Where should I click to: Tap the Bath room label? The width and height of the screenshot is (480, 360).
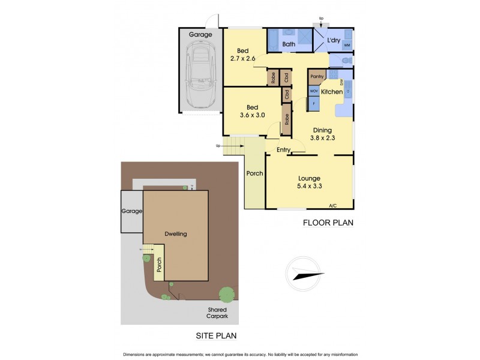[x=289, y=44]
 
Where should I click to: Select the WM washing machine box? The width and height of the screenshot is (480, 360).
[x=347, y=45]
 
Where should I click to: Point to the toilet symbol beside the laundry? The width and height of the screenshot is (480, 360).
[x=346, y=60]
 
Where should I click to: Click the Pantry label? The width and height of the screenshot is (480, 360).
[x=317, y=76]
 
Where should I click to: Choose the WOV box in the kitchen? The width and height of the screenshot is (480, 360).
[x=313, y=91]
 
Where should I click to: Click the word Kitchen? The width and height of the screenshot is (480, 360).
[x=331, y=92]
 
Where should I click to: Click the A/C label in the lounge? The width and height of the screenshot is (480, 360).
[x=332, y=206]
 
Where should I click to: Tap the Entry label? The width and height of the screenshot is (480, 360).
[x=283, y=150]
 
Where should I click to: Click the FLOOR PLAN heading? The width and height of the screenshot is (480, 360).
[x=328, y=223]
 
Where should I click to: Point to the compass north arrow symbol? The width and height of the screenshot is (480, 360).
[x=306, y=275]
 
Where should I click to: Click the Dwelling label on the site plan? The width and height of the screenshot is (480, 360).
[x=175, y=234]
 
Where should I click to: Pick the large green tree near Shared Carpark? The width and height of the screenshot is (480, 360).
[x=227, y=295]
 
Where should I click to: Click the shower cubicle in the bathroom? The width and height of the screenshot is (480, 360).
[x=305, y=40]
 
